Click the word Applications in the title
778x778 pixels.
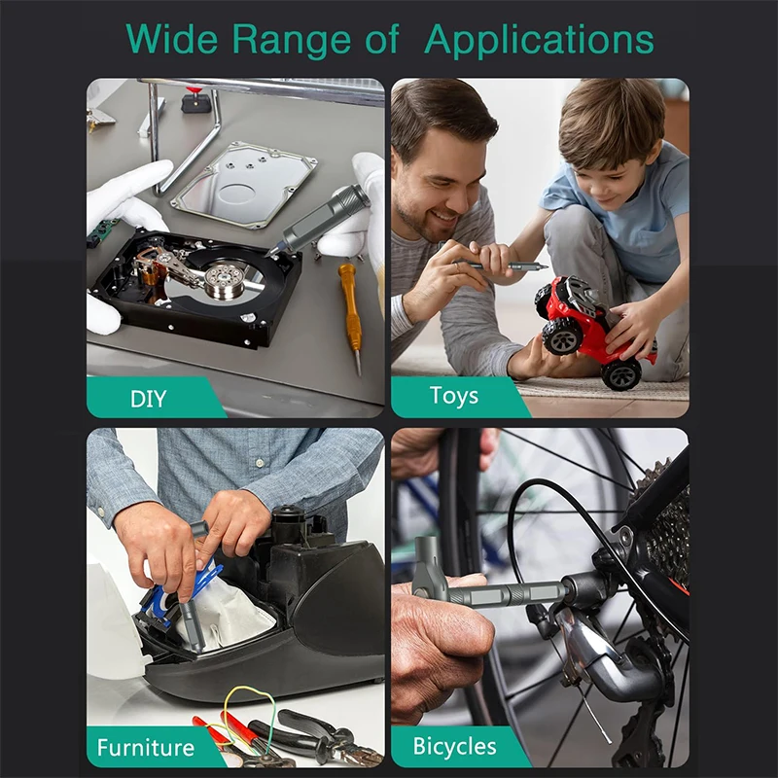(x=539, y=40)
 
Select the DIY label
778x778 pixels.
(x=149, y=399)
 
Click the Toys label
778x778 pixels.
(x=454, y=396)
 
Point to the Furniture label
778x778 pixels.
(x=146, y=748)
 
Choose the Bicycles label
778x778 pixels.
(x=454, y=746)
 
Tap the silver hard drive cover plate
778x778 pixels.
(x=244, y=184)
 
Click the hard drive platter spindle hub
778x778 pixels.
(x=225, y=278)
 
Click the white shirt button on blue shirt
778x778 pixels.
(x=260, y=463)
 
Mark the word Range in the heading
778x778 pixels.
(x=291, y=40)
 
